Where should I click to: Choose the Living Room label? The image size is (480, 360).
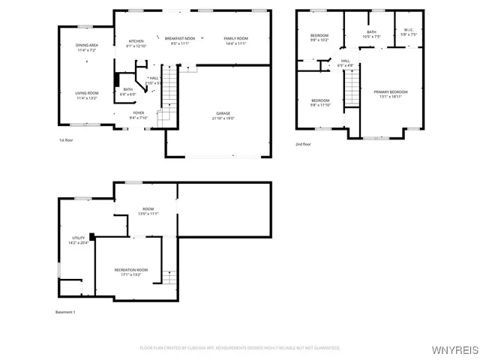pyautogui.click(x=87, y=95)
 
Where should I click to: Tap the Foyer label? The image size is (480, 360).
pyautogui.click(x=139, y=115)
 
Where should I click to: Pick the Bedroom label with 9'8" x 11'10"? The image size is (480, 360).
pyautogui.click(x=320, y=103)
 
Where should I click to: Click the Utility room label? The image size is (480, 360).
pyautogui.click(x=78, y=240)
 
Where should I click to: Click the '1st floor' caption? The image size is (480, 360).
pyautogui.click(x=67, y=140)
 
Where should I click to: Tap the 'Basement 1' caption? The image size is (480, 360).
pyautogui.click(x=65, y=312)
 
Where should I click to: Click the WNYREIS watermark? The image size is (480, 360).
pyautogui.click(x=457, y=349)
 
